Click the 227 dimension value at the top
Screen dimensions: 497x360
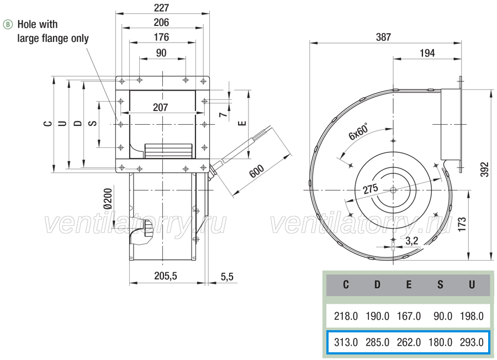click(x=162, y=7)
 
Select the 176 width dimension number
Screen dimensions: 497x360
click(x=162, y=37)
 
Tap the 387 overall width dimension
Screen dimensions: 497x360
click(x=384, y=37)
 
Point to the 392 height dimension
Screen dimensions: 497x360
click(x=485, y=170)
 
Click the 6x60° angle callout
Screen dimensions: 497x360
click(x=359, y=131)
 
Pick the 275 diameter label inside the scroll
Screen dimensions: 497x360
click(x=371, y=189)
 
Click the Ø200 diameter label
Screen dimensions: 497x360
click(x=108, y=199)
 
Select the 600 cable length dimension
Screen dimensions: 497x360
click(x=256, y=171)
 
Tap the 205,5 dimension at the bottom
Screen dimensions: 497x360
click(x=166, y=276)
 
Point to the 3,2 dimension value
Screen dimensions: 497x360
click(x=412, y=241)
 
